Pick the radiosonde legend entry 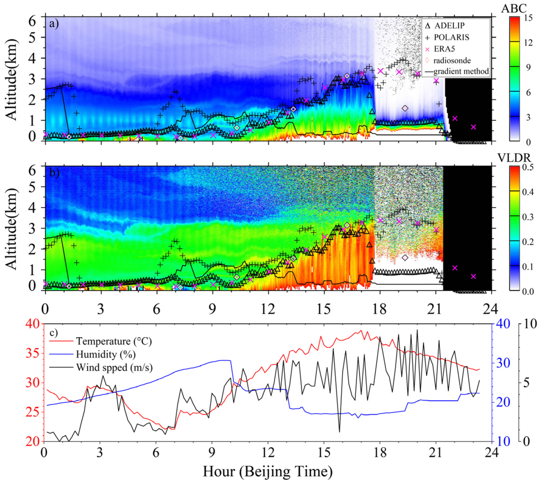tap(452, 60)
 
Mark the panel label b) tap(54, 173)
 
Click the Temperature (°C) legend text tap(114, 341)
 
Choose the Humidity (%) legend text tap(106, 354)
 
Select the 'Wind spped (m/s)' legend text tap(114, 367)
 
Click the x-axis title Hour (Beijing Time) tap(268, 472)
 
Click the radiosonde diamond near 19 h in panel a tap(405, 108)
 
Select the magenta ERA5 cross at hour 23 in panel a tap(473, 127)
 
